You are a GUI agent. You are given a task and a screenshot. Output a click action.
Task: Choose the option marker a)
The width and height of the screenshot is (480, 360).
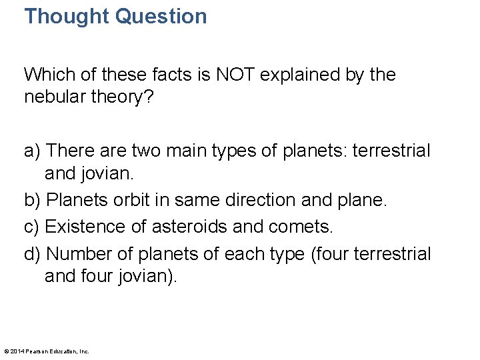click(33, 151)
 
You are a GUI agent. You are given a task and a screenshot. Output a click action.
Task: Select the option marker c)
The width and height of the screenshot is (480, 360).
click(32, 226)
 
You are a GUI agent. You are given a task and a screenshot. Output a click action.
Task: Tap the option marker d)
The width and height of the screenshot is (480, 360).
click(33, 254)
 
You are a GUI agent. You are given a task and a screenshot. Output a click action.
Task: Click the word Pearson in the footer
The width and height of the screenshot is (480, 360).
click(39, 351)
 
